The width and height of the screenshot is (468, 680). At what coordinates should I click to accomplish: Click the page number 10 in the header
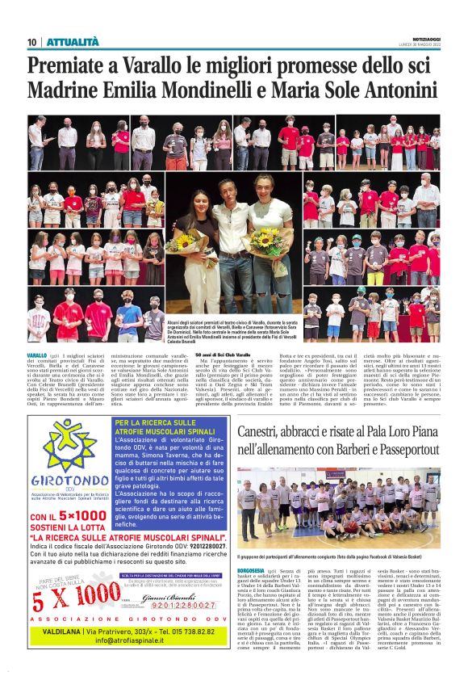tap(32, 42)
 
